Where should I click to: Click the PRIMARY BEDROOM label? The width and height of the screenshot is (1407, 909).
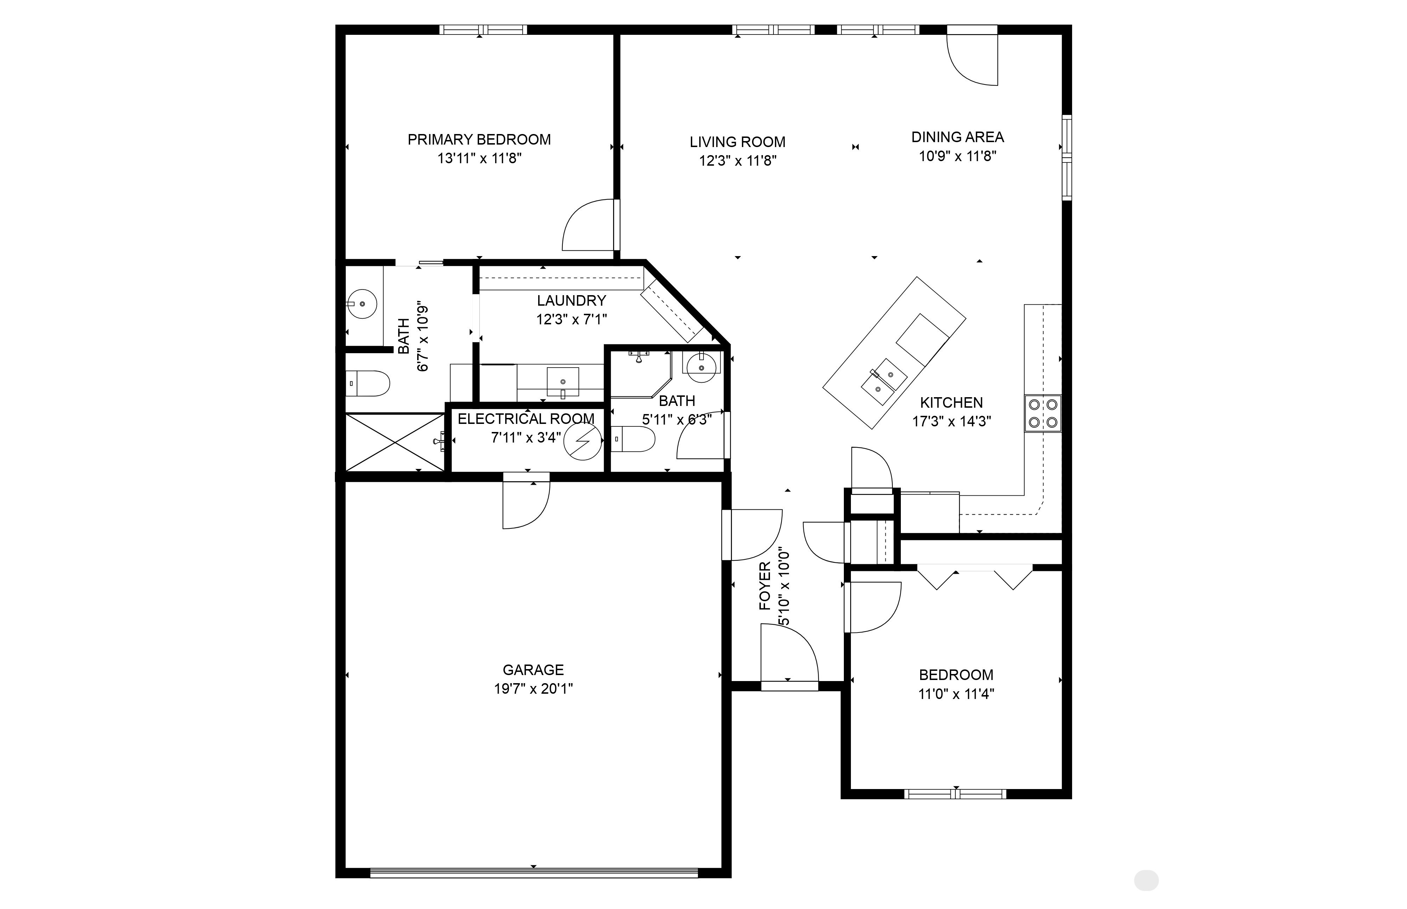pyautogui.click(x=479, y=139)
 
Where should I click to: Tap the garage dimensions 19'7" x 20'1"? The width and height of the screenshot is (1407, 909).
pyautogui.click(x=533, y=688)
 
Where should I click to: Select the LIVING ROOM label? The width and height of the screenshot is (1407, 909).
pyautogui.click(x=737, y=142)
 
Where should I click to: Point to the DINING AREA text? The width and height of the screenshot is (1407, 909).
pyautogui.click(x=957, y=137)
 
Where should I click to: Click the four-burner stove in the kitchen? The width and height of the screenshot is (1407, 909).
pyautogui.click(x=1042, y=413)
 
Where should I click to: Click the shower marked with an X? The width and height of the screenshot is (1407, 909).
pyautogui.click(x=394, y=442)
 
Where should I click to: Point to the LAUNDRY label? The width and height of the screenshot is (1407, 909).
pyautogui.click(x=571, y=300)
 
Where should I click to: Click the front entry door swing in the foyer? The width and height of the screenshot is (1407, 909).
pyautogui.click(x=789, y=655)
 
